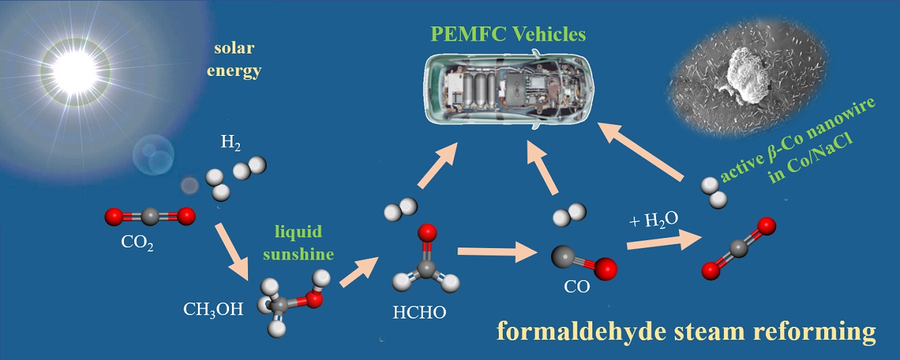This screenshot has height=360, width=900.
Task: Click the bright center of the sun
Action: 69,65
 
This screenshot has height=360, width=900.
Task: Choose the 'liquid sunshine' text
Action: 299,243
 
